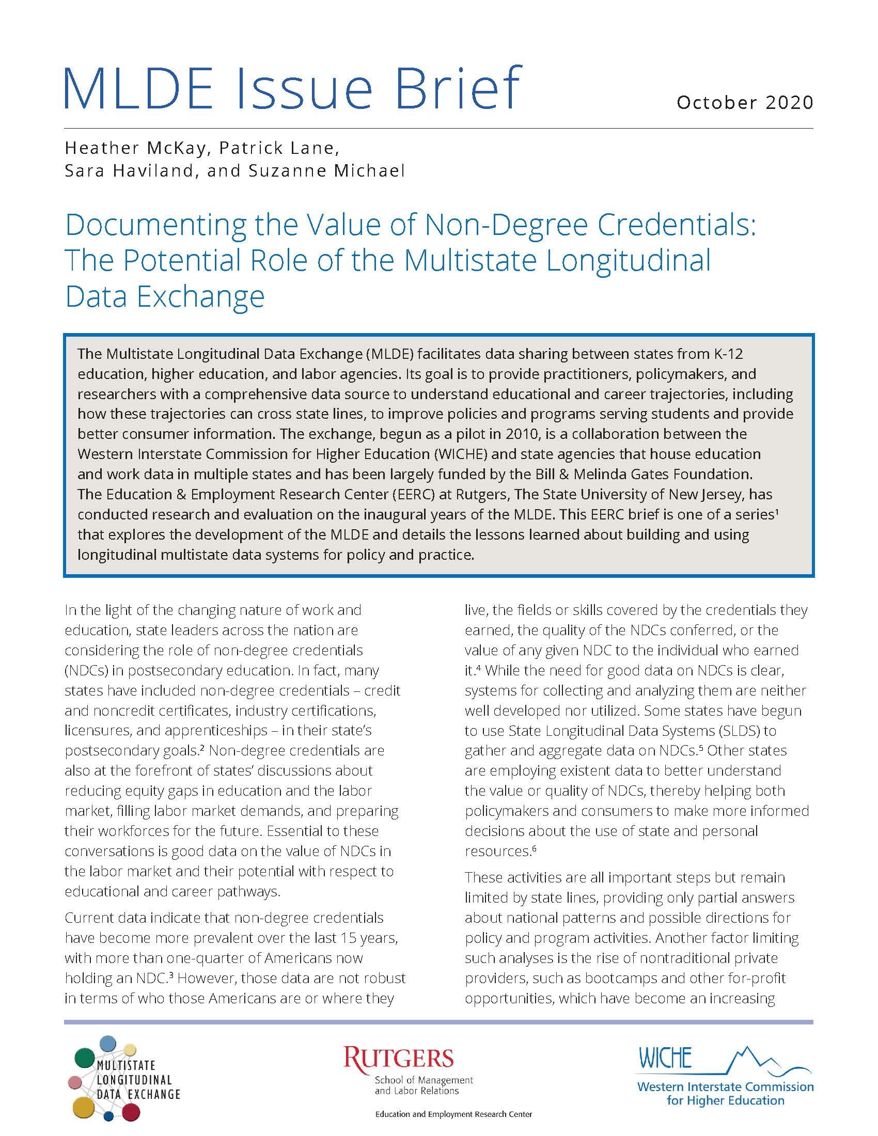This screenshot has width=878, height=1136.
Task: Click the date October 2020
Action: click(744, 102)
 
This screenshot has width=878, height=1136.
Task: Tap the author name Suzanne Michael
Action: click(326, 170)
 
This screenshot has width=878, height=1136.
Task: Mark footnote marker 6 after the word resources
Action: click(534, 848)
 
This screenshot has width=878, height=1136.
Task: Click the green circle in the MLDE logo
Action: click(85, 1058)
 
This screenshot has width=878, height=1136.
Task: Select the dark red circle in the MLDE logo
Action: click(131, 1112)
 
